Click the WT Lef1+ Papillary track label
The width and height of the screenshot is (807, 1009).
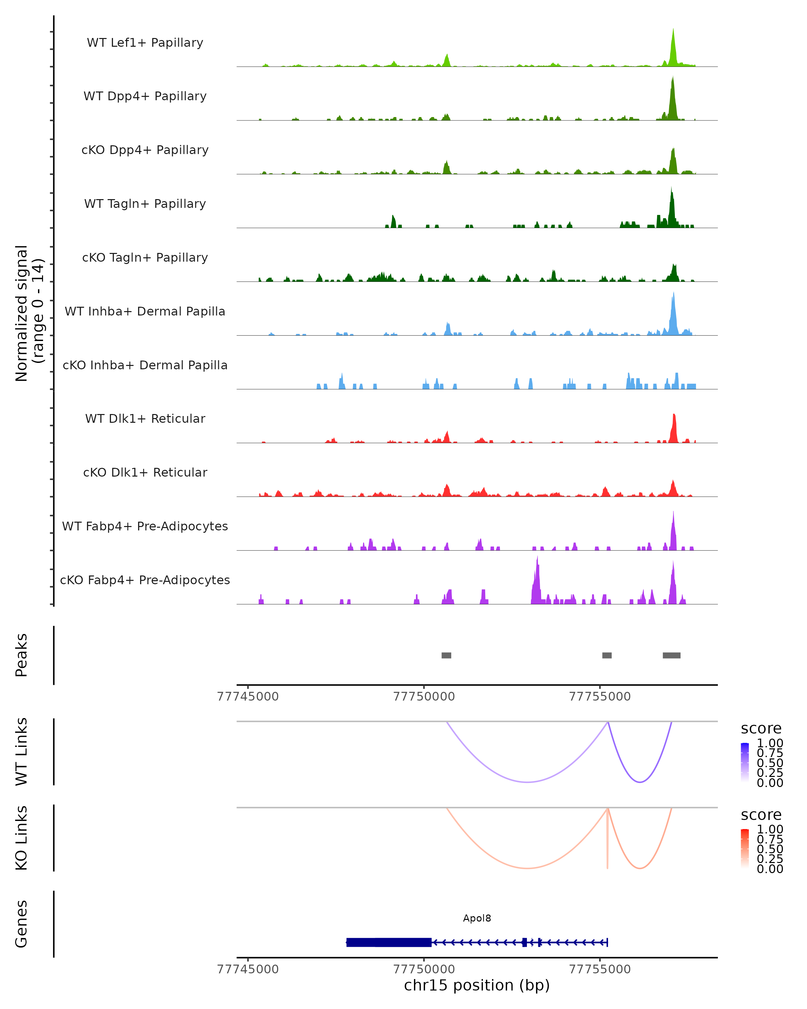pos(145,43)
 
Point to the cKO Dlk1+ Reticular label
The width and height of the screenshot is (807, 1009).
pos(145,472)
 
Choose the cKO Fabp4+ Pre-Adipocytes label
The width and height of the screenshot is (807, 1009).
pos(145,580)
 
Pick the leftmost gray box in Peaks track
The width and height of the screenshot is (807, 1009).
pos(446,655)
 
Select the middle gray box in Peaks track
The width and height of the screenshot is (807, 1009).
pos(607,655)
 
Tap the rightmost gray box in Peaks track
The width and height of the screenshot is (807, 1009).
pos(671,655)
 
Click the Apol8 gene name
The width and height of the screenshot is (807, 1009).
pos(477,918)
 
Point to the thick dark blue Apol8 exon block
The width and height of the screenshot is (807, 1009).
pos(389,942)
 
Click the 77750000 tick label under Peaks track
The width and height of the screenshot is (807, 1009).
pos(424,697)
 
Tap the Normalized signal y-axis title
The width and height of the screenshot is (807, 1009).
pos(29,313)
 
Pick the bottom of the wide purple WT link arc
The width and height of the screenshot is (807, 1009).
pos(527,782)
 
